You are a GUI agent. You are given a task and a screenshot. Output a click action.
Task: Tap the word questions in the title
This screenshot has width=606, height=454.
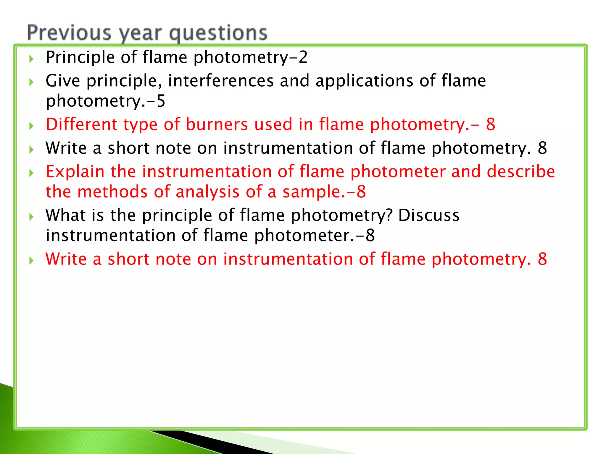point(218,33)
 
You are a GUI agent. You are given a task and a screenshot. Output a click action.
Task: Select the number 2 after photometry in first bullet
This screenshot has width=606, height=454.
point(303,57)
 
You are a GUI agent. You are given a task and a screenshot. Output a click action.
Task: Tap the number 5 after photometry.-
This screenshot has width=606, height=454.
point(161,101)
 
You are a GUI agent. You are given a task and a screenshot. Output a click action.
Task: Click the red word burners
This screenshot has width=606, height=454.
point(217,124)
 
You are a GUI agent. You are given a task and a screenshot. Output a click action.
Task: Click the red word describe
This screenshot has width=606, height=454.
point(521,171)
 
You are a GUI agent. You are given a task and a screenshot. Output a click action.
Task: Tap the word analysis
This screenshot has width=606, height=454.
point(207,192)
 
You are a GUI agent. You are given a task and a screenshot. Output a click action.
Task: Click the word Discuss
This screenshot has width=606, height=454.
point(429,215)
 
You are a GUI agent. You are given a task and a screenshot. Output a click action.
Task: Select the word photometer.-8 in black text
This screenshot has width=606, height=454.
point(315,236)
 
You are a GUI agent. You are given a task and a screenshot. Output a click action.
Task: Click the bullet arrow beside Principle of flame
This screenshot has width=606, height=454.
point(31,59)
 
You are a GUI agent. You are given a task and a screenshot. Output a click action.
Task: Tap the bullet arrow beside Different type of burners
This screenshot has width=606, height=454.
point(31,126)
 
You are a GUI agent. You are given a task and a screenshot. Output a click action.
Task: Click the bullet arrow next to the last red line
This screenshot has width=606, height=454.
point(31,261)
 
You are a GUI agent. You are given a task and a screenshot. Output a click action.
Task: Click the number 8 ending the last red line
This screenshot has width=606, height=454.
point(542,259)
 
